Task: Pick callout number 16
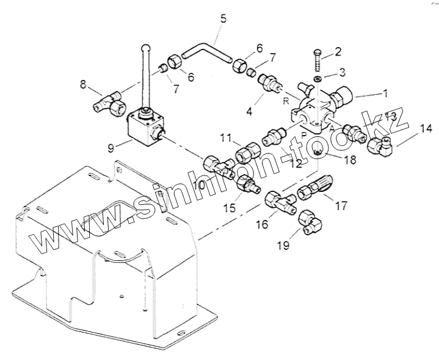[x=261, y=224]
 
